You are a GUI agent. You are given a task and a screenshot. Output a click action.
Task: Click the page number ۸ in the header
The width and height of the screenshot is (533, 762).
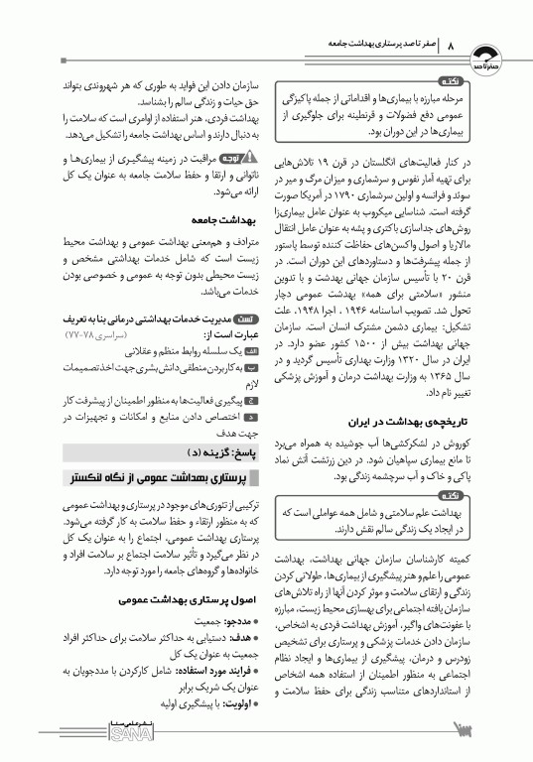point(451,47)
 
